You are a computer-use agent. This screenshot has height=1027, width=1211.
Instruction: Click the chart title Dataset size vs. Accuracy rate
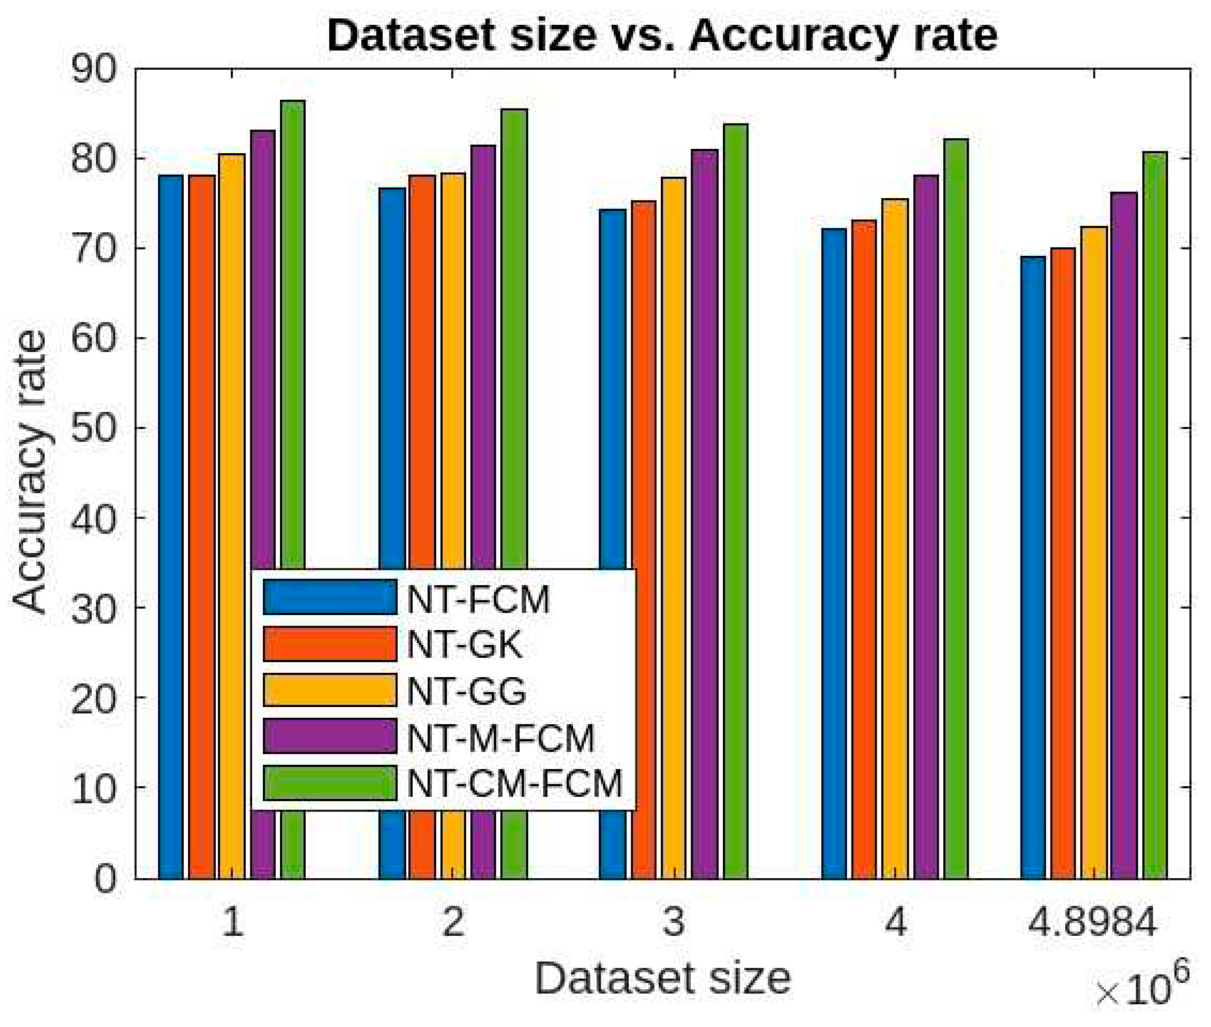662,36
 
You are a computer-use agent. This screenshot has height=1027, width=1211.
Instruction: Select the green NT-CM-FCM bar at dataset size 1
292,349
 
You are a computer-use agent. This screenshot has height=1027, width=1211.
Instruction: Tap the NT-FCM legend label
478,599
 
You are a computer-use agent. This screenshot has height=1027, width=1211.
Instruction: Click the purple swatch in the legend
330,736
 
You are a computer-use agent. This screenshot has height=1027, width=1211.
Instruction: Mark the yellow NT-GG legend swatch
330,690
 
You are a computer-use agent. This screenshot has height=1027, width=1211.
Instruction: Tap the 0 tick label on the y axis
105,879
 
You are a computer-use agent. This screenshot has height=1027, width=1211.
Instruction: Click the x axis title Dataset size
662,979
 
